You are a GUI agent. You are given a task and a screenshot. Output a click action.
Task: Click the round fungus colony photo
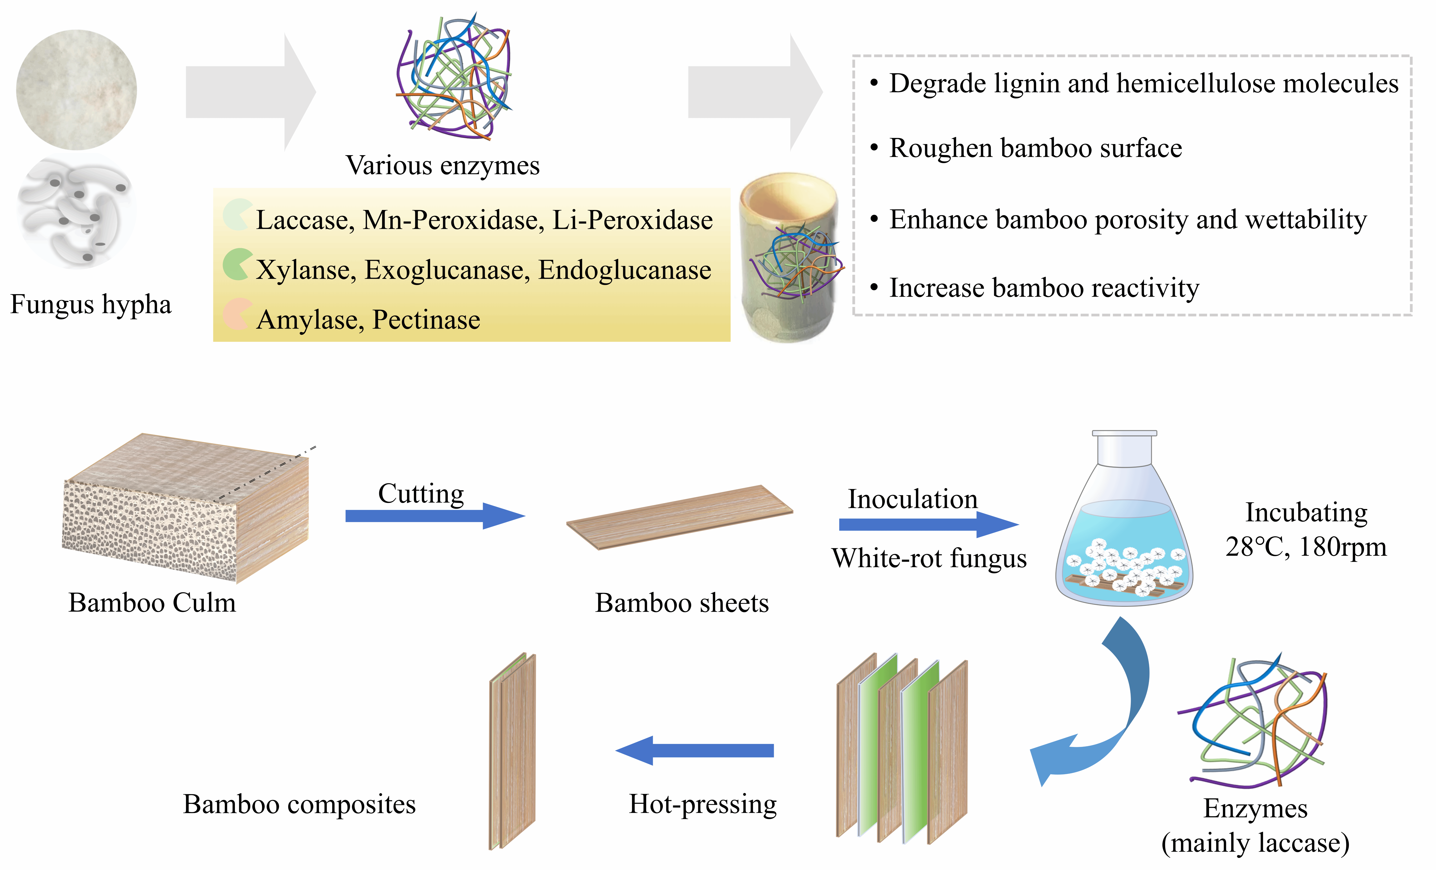click(76, 90)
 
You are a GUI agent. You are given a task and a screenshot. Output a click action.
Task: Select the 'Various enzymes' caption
click(442, 165)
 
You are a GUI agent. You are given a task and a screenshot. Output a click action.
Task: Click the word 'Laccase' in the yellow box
click(302, 220)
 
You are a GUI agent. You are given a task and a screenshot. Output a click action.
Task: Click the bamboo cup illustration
click(790, 256)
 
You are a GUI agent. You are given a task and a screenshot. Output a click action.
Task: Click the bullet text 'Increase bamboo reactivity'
click(1044, 288)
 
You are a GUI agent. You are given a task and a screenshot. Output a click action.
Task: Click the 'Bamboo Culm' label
click(152, 603)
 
